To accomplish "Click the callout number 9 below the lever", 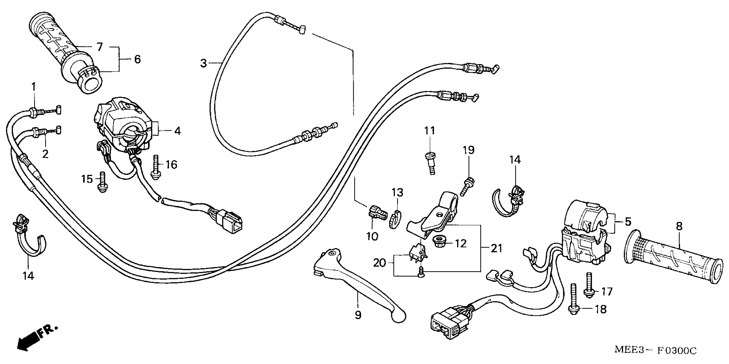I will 358,315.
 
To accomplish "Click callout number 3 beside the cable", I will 204,63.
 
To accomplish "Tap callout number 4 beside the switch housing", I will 177,131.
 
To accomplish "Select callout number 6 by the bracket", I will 137,59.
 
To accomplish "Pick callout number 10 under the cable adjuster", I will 372,236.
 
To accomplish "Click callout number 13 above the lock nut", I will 397,193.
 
